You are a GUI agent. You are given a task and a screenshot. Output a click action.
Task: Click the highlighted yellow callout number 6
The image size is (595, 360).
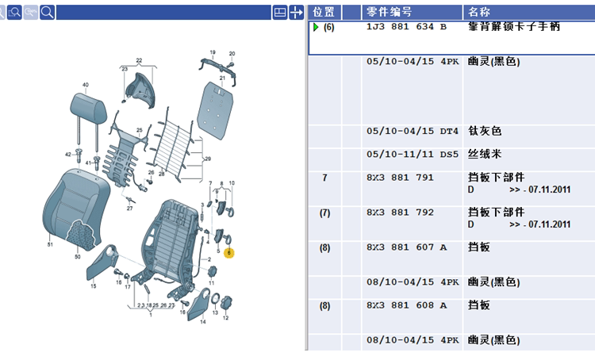pyautogui.click(x=230, y=253)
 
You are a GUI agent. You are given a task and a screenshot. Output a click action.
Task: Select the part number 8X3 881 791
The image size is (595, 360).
pyautogui.click(x=400, y=178)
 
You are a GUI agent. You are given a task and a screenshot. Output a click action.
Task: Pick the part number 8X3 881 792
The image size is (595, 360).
pyautogui.click(x=400, y=213)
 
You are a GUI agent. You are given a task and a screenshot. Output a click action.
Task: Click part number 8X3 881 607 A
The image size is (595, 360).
pyautogui.click(x=406, y=247)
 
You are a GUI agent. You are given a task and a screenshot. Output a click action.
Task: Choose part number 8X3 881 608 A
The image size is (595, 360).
pyautogui.click(x=406, y=305)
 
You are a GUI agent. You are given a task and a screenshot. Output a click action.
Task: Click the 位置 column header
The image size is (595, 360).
pyautogui.click(x=324, y=12)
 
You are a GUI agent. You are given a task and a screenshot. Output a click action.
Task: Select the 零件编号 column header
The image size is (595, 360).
pyautogui.click(x=389, y=12)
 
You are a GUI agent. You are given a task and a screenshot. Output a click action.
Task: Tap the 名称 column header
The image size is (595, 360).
pyautogui.click(x=479, y=12)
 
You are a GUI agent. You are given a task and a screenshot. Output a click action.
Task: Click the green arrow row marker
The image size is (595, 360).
pyautogui.click(x=315, y=27)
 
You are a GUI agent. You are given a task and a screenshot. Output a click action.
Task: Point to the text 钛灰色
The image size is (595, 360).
pyautogui.click(x=485, y=132)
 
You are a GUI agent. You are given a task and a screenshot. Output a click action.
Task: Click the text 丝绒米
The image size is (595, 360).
pyautogui.click(x=485, y=154)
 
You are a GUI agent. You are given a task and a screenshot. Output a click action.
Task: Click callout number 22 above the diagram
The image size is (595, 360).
pyautogui.click(x=138, y=61)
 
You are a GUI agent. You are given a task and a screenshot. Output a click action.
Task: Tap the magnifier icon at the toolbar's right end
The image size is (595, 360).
pyautogui.click(x=48, y=12)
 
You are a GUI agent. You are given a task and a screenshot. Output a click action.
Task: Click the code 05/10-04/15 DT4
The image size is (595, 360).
pyautogui.click(x=413, y=132)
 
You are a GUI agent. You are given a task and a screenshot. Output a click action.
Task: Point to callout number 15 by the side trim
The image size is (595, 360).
pyautogui.click(x=93, y=285)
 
